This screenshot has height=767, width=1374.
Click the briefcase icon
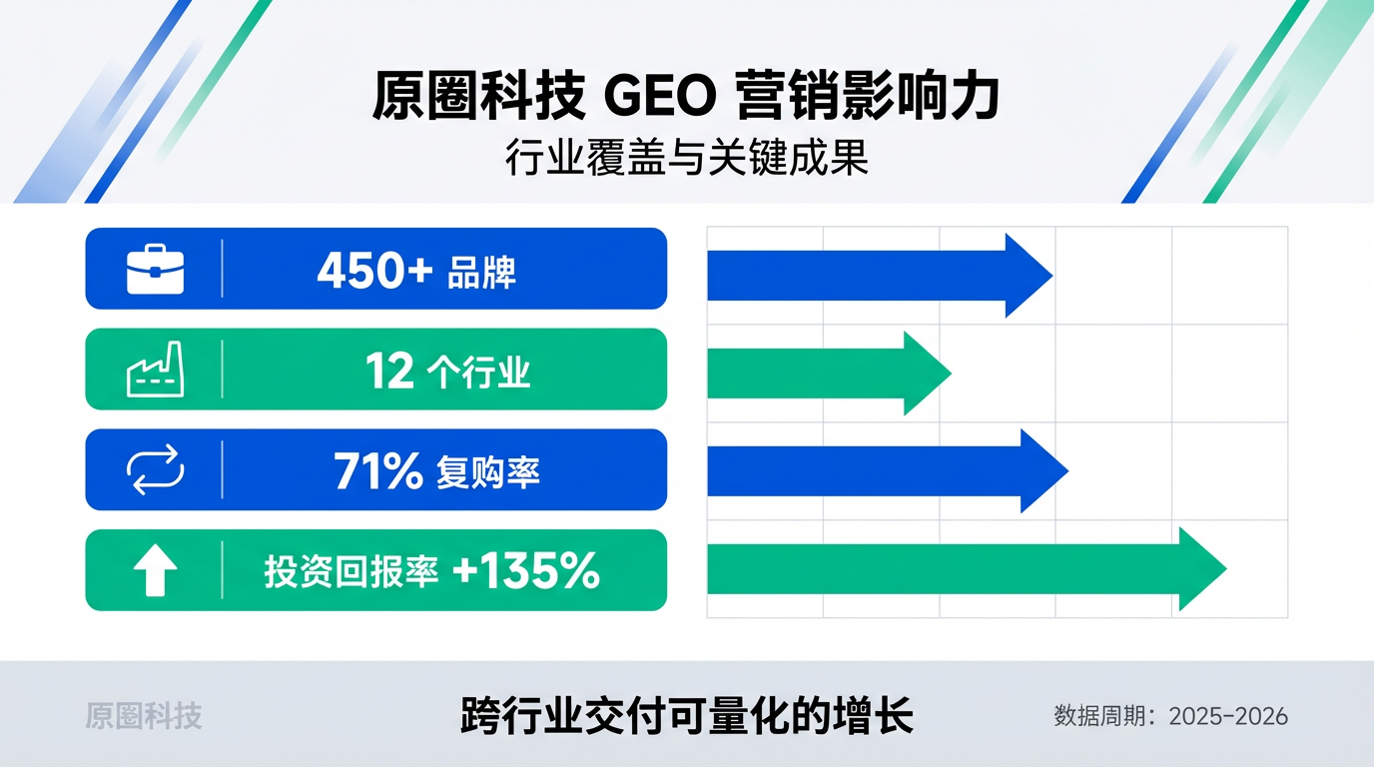tap(155, 270)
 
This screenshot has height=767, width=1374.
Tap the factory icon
tap(155, 371)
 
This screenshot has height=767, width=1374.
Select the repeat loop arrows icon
tap(155, 470)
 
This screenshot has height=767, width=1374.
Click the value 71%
tap(378, 471)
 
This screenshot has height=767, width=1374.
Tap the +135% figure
tap(525, 571)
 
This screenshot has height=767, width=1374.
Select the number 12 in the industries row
tap(389, 372)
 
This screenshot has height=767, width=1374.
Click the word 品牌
tap(481, 272)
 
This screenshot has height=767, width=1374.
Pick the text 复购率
tap(487, 472)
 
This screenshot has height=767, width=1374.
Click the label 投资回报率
tap(351, 572)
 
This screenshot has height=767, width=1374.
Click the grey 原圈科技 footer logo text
tap(144, 715)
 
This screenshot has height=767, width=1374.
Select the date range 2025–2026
tap(1227, 716)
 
